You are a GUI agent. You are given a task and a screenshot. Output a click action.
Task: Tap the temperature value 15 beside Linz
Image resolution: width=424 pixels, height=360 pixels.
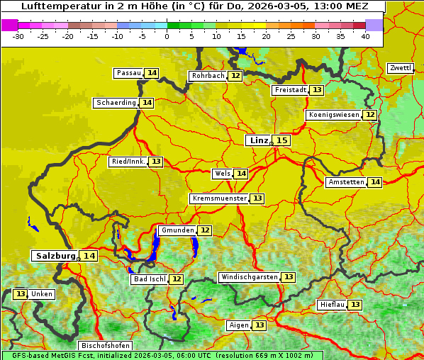tap(282, 140)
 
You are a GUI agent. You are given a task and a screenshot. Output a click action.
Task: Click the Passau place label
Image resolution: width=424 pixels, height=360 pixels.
tap(129, 73)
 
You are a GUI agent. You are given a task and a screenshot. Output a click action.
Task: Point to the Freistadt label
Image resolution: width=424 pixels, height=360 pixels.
tap(290, 90)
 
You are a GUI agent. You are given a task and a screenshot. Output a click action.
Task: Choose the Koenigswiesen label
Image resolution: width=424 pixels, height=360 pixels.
tap(334, 115)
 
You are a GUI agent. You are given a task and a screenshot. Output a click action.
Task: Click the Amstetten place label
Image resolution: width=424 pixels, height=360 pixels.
tap(346, 182)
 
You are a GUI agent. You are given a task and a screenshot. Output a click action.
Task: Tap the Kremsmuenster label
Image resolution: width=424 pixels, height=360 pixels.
tap(219, 198)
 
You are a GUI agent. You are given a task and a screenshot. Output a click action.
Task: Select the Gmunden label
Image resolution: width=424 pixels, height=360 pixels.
tap(177, 230)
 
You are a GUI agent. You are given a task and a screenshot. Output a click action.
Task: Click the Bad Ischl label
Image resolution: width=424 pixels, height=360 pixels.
tap(150, 279)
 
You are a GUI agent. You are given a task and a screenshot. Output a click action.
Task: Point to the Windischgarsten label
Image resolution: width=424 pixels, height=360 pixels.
tap(249, 277)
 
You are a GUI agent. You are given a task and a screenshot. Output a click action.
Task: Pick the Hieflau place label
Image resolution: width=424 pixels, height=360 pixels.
tap(333, 305)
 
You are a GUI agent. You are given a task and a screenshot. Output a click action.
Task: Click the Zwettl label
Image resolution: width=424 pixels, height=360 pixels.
tap(401, 68)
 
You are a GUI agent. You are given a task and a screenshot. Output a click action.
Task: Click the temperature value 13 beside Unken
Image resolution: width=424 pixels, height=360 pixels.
tap(20, 294)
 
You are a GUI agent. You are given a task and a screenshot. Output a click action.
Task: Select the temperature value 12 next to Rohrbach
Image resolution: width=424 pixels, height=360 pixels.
tap(235, 76)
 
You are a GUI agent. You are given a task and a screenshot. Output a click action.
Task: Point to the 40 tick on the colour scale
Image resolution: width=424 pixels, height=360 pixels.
tap(365, 36)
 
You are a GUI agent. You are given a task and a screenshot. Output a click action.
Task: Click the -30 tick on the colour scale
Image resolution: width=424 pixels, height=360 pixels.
tap(18, 36)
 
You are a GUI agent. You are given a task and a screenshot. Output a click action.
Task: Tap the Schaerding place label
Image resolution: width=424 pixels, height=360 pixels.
tap(116, 103)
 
